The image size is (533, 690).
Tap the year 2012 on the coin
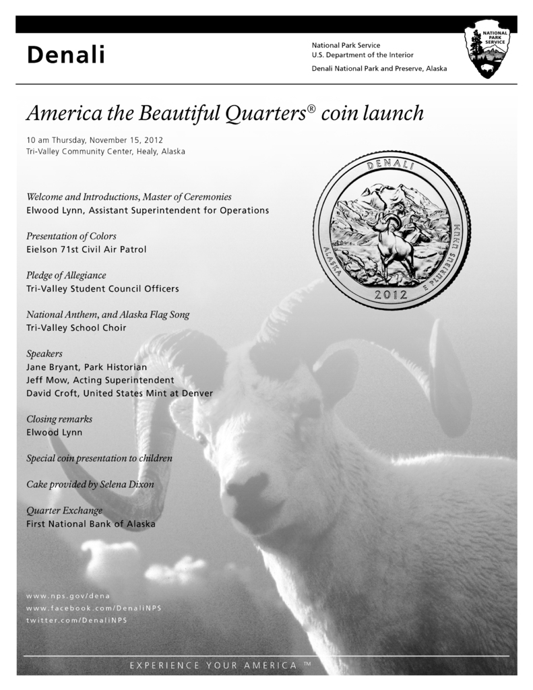(x=391, y=294)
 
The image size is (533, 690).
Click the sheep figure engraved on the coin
(x=395, y=244)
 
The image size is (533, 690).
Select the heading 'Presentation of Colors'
(x=71, y=237)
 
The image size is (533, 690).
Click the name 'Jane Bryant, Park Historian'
(x=86, y=367)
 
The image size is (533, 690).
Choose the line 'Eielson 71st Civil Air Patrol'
(x=86, y=249)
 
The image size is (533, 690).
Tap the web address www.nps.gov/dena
(x=67, y=596)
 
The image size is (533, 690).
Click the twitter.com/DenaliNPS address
(x=76, y=620)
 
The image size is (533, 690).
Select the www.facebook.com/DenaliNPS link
(x=94, y=608)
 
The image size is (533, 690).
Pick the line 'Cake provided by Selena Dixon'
(x=90, y=484)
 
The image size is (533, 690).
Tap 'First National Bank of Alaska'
(x=91, y=524)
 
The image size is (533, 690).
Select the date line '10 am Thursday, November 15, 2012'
(x=95, y=139)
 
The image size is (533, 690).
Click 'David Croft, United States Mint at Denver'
(x=119, y=393)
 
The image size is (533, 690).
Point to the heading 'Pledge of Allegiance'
(x=66, y=276)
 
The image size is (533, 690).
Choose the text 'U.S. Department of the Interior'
(x=363, y=55)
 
